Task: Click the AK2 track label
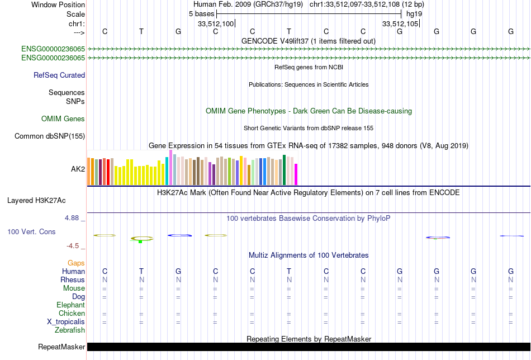click(x=78, y=168)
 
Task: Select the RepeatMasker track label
click(x=61, y=347)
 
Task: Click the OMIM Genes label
click(x=63, y=119)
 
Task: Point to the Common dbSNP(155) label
click(x=50, y=136)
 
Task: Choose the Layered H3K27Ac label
click(x=46, y=200)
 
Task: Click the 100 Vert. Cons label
click(x=31, y=231)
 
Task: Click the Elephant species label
click(x=70, y=305)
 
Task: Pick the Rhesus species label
click(x=73, y=280)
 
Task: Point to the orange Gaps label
click(x=76, y=263)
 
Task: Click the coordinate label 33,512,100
click(x=216, y=23)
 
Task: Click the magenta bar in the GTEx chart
click(x=296, y=174)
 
